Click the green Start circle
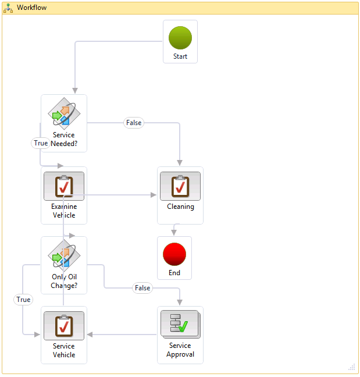180,37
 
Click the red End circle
174,254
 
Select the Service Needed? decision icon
64,113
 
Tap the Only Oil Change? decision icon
64,255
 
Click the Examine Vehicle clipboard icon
64,186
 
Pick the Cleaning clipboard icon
180,186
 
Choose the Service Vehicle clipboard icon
64,326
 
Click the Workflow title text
32,8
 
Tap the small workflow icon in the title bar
9,8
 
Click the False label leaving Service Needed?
134,123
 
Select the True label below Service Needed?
41,143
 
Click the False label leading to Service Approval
142,288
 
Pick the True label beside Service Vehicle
23,300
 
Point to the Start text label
180,56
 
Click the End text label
174,273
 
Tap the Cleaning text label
180,207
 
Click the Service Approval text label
180,350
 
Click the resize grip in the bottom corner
351,367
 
